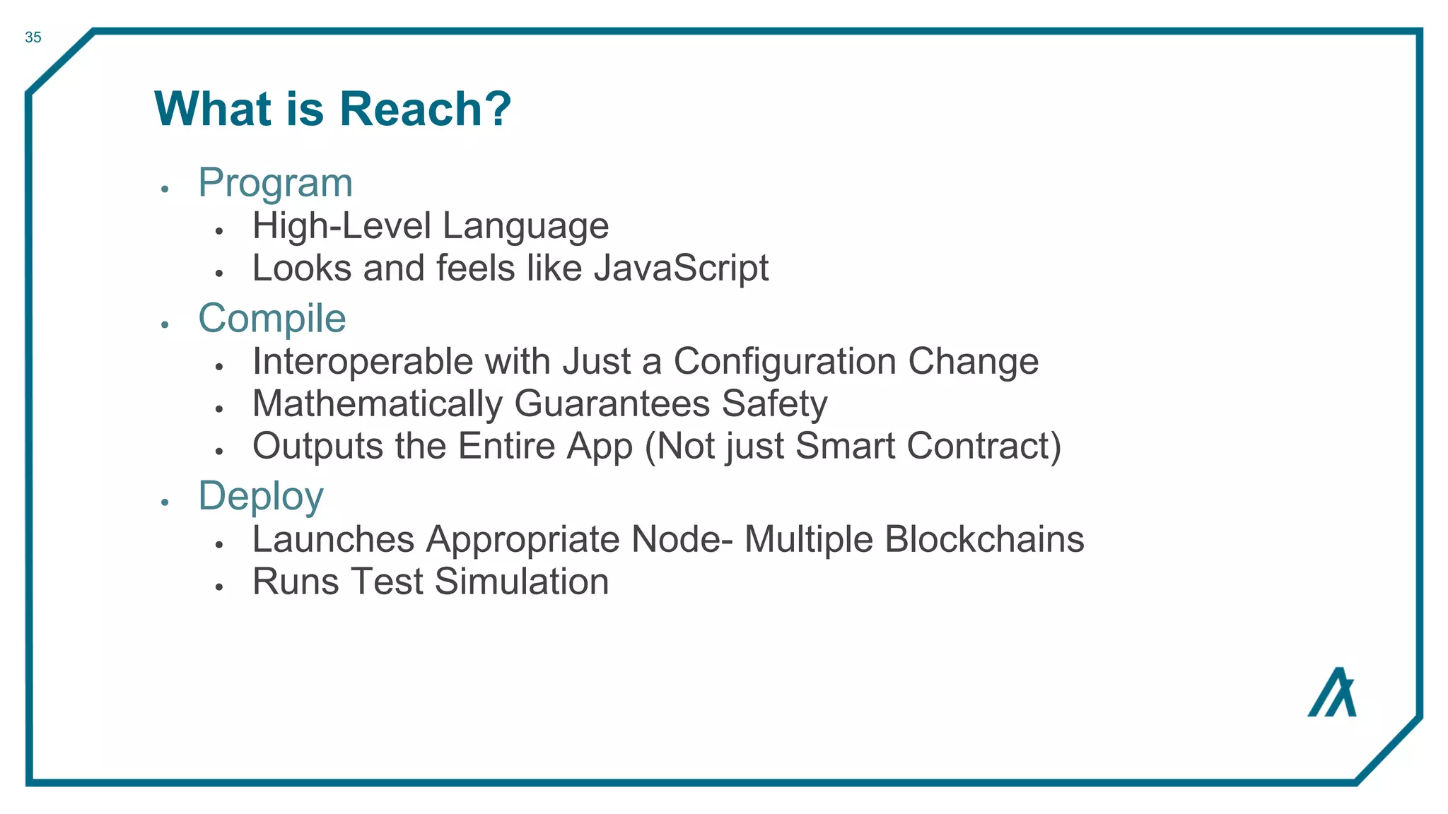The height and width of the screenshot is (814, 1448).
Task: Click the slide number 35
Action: [x=33, y=37]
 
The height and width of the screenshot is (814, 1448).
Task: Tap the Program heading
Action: [x=275, y=182]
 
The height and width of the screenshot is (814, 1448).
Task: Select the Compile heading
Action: [x=272, y=318]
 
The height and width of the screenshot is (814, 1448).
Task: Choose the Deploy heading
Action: [x=261, y=496]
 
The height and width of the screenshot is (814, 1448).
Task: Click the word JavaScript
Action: [x=681, y=269]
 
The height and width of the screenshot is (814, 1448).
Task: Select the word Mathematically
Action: [x=378, y=404]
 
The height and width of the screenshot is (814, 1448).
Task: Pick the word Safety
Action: [x=774, y=404]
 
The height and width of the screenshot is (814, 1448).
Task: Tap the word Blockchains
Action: [x=984, y=540]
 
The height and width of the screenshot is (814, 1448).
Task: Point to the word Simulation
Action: [x=521, y=582]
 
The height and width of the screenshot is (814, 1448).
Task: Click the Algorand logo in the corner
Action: [x=1332, y=692]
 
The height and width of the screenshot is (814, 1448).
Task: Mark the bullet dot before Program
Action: [x=165, y=189]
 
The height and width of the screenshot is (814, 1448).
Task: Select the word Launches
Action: [x=333, y=540]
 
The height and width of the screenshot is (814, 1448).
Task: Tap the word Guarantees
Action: [x=612, y=404]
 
